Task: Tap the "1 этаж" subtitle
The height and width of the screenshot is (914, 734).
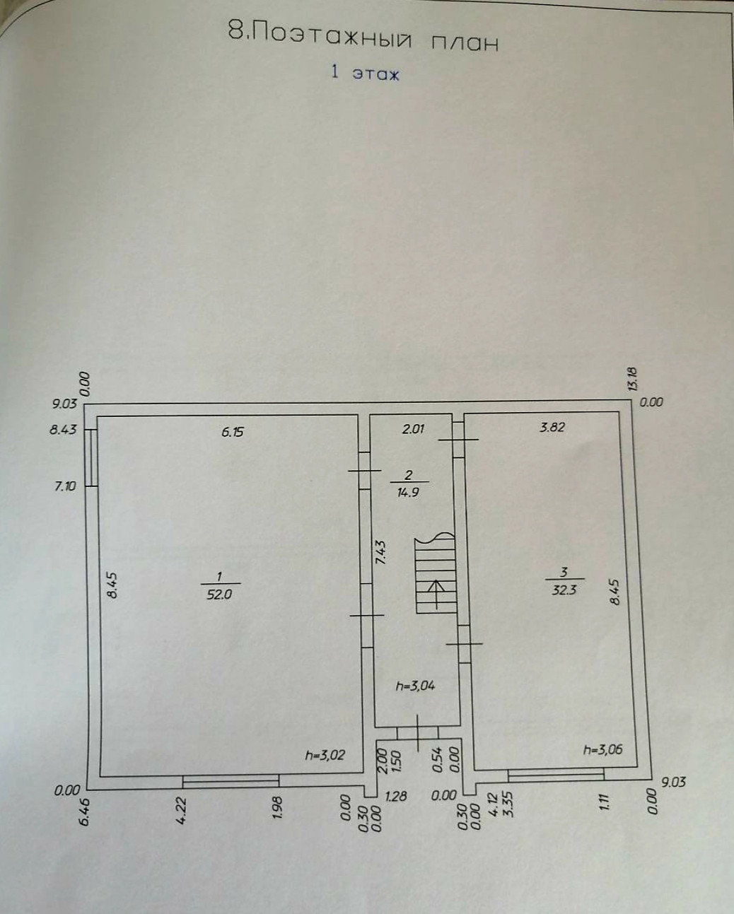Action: point(365,72)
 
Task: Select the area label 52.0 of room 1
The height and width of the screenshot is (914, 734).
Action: point(220,594)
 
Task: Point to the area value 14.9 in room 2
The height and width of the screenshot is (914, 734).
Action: point(408,492)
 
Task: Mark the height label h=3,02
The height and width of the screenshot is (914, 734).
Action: point(325,755)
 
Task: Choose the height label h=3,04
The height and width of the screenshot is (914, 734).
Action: point(415,685)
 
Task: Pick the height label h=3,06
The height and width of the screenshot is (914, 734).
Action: point(602,750)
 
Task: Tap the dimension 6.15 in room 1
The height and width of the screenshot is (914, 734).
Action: point(232,431)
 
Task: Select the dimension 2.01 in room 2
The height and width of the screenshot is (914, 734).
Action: point(413,428)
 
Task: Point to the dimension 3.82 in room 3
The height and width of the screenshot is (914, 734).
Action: point(552,427)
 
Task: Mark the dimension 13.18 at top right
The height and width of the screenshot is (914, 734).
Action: point(632,378)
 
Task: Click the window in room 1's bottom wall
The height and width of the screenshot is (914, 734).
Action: point(231,780)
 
